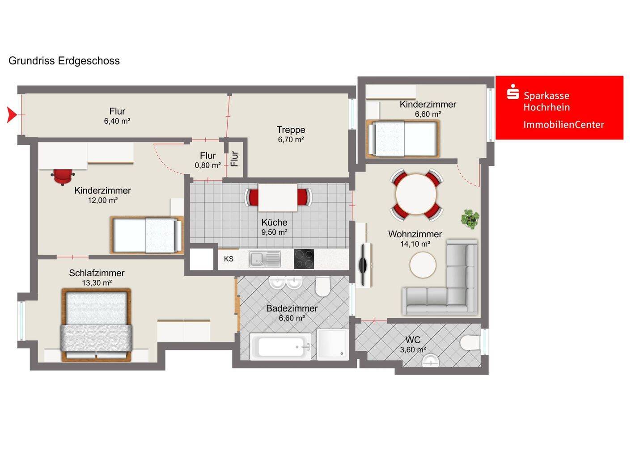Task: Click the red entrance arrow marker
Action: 12,114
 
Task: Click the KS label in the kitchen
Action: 229,259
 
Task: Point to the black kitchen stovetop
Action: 304,259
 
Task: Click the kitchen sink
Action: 264,259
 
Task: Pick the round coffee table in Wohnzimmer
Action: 423,265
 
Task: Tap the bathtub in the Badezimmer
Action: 280,346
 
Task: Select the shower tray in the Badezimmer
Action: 333,345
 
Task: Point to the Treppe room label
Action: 291,130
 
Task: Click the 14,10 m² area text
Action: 415,244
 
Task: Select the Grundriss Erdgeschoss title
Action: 64,61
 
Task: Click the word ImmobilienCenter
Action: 563,125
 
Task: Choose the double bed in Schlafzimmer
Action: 96,325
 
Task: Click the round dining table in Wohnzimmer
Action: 416,194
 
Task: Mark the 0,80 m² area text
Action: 208,165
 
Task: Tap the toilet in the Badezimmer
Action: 322,286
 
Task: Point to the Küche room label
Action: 274,222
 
